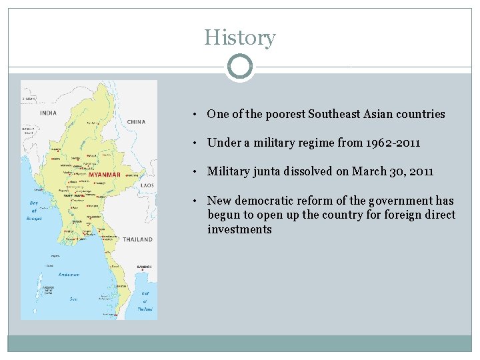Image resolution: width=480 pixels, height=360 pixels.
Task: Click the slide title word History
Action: [239, 37]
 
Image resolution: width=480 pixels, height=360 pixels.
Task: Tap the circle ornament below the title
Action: [239, 67]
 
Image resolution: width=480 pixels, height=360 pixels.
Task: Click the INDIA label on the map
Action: [49, 113]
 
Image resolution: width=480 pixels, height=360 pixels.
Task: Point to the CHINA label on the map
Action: [136, 122]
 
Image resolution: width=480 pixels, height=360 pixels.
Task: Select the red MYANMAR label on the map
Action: [105, 175]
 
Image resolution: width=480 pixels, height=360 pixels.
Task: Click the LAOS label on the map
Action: [147, 185]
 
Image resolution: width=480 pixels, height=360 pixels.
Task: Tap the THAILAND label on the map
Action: [137, 239]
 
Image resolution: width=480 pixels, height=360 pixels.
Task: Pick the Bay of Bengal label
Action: [34, 210]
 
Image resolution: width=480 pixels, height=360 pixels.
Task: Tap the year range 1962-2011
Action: [395, 143]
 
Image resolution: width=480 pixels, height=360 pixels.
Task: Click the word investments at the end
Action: [239, 229]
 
